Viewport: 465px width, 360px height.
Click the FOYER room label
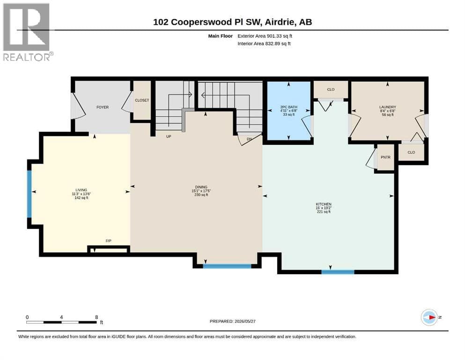coord(103,107)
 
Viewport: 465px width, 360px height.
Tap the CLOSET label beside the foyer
coord(142,100)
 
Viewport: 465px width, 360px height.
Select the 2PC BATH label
coord(289,107)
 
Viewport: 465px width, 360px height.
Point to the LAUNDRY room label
coord(388,107)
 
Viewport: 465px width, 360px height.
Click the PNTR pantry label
coord(385,157)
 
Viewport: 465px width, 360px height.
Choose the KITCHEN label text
coord(324,204)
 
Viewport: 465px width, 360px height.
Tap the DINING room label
coord(201,187)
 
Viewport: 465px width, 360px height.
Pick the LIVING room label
coord(81,190)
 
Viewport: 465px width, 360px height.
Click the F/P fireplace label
coord(109,241)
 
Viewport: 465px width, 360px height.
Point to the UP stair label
coord(169,136)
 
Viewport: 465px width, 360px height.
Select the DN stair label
coord(250,139)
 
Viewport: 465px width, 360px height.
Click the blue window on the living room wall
coord(30,194)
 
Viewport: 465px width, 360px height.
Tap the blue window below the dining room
coord(227,266)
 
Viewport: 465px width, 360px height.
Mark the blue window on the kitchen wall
coord(338,272)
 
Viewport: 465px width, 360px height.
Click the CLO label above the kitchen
coord(331,90)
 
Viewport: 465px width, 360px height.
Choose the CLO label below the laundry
coord(411,152)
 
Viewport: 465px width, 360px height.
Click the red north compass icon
coord(429,317)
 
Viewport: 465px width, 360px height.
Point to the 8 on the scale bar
coord(96,317)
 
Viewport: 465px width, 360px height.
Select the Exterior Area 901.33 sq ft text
coord(265,36)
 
